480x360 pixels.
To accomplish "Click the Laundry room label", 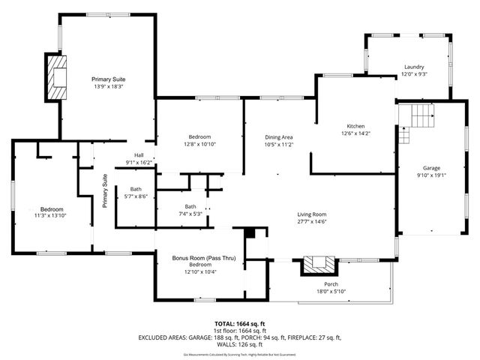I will click(x=413, y=67).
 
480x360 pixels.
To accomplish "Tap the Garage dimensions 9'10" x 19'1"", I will click(x=431, y=175).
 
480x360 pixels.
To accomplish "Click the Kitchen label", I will click(x=355, y=125).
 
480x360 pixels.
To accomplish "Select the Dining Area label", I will click(x=278, y=137).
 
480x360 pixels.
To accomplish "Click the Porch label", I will click(x=331, y=284).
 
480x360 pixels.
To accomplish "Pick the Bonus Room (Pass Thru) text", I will click(x=204, y=258).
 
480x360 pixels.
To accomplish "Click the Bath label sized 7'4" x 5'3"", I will click(x=191, y=206).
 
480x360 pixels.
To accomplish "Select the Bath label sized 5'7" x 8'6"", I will click(x=136, y=189).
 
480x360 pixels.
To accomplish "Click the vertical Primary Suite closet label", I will click(x=106, y=190).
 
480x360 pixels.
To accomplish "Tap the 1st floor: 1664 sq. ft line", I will click(x=239, y=329).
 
